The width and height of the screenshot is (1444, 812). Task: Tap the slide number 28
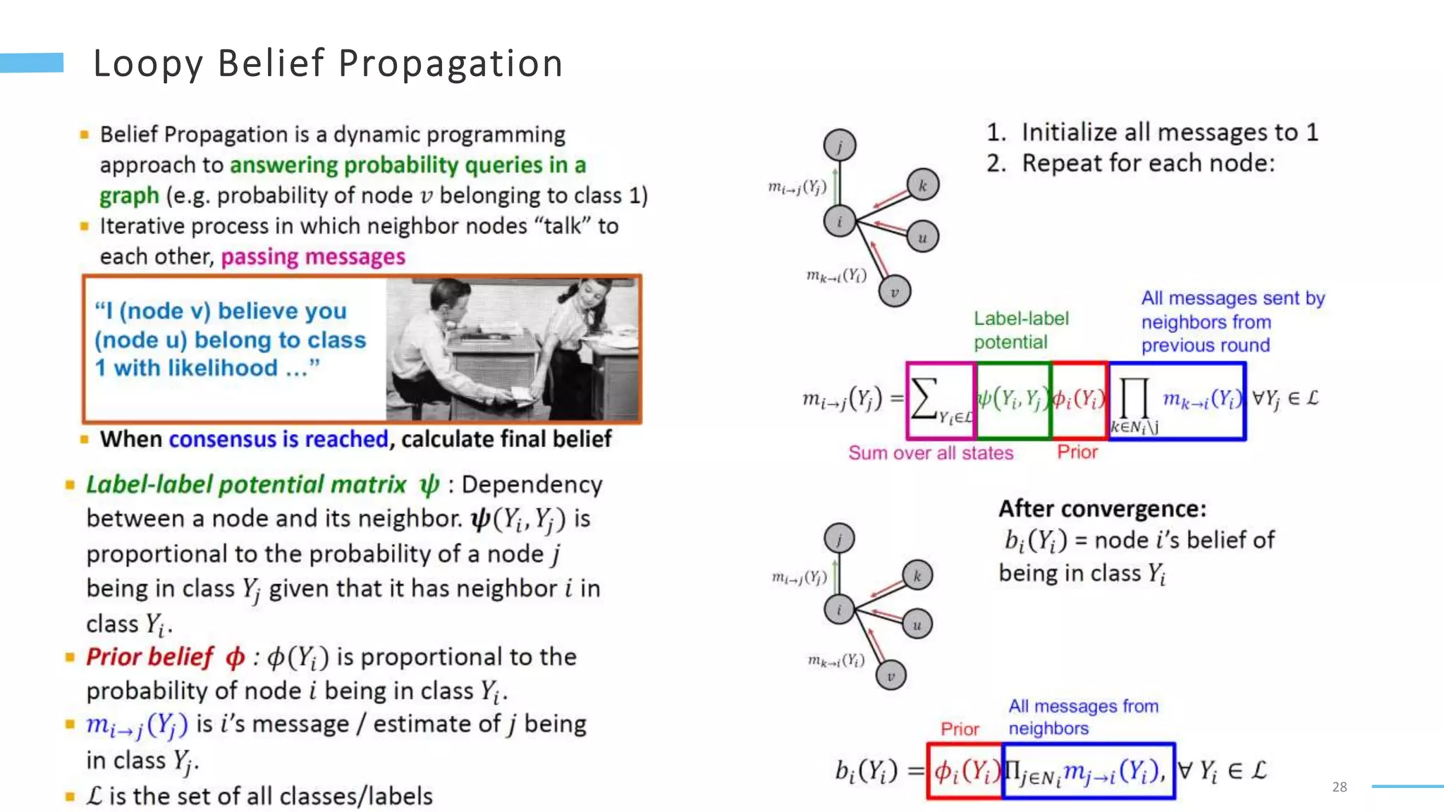tap(1340, 787)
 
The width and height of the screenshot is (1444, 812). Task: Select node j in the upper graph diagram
tap(840, 146)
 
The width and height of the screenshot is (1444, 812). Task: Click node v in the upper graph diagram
tap(895, 291)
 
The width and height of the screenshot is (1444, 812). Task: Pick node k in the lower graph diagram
tap(917, 575)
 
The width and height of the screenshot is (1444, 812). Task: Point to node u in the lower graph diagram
tap(917, 625)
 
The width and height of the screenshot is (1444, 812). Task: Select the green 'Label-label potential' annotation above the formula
tap(1021, 330)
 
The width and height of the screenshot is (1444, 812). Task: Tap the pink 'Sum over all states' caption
tap(930, 453)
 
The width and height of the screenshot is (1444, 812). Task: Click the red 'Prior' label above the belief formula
tap(960, 729)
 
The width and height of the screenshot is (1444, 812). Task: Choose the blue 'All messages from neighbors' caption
tap(1083, 716)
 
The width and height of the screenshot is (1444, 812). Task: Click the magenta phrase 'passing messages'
tap(313, 257)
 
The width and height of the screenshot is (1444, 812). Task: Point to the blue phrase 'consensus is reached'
tap(279, 439)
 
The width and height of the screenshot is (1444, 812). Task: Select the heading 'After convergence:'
tap(1102, 508)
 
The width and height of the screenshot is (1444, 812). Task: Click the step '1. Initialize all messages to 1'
tap(1152, 133)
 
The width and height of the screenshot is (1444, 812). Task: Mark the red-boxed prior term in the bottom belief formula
tap(965, 771)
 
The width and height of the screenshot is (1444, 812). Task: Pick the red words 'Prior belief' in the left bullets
tap(149, 657)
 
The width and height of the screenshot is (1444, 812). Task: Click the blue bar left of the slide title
tap(32, 63)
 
